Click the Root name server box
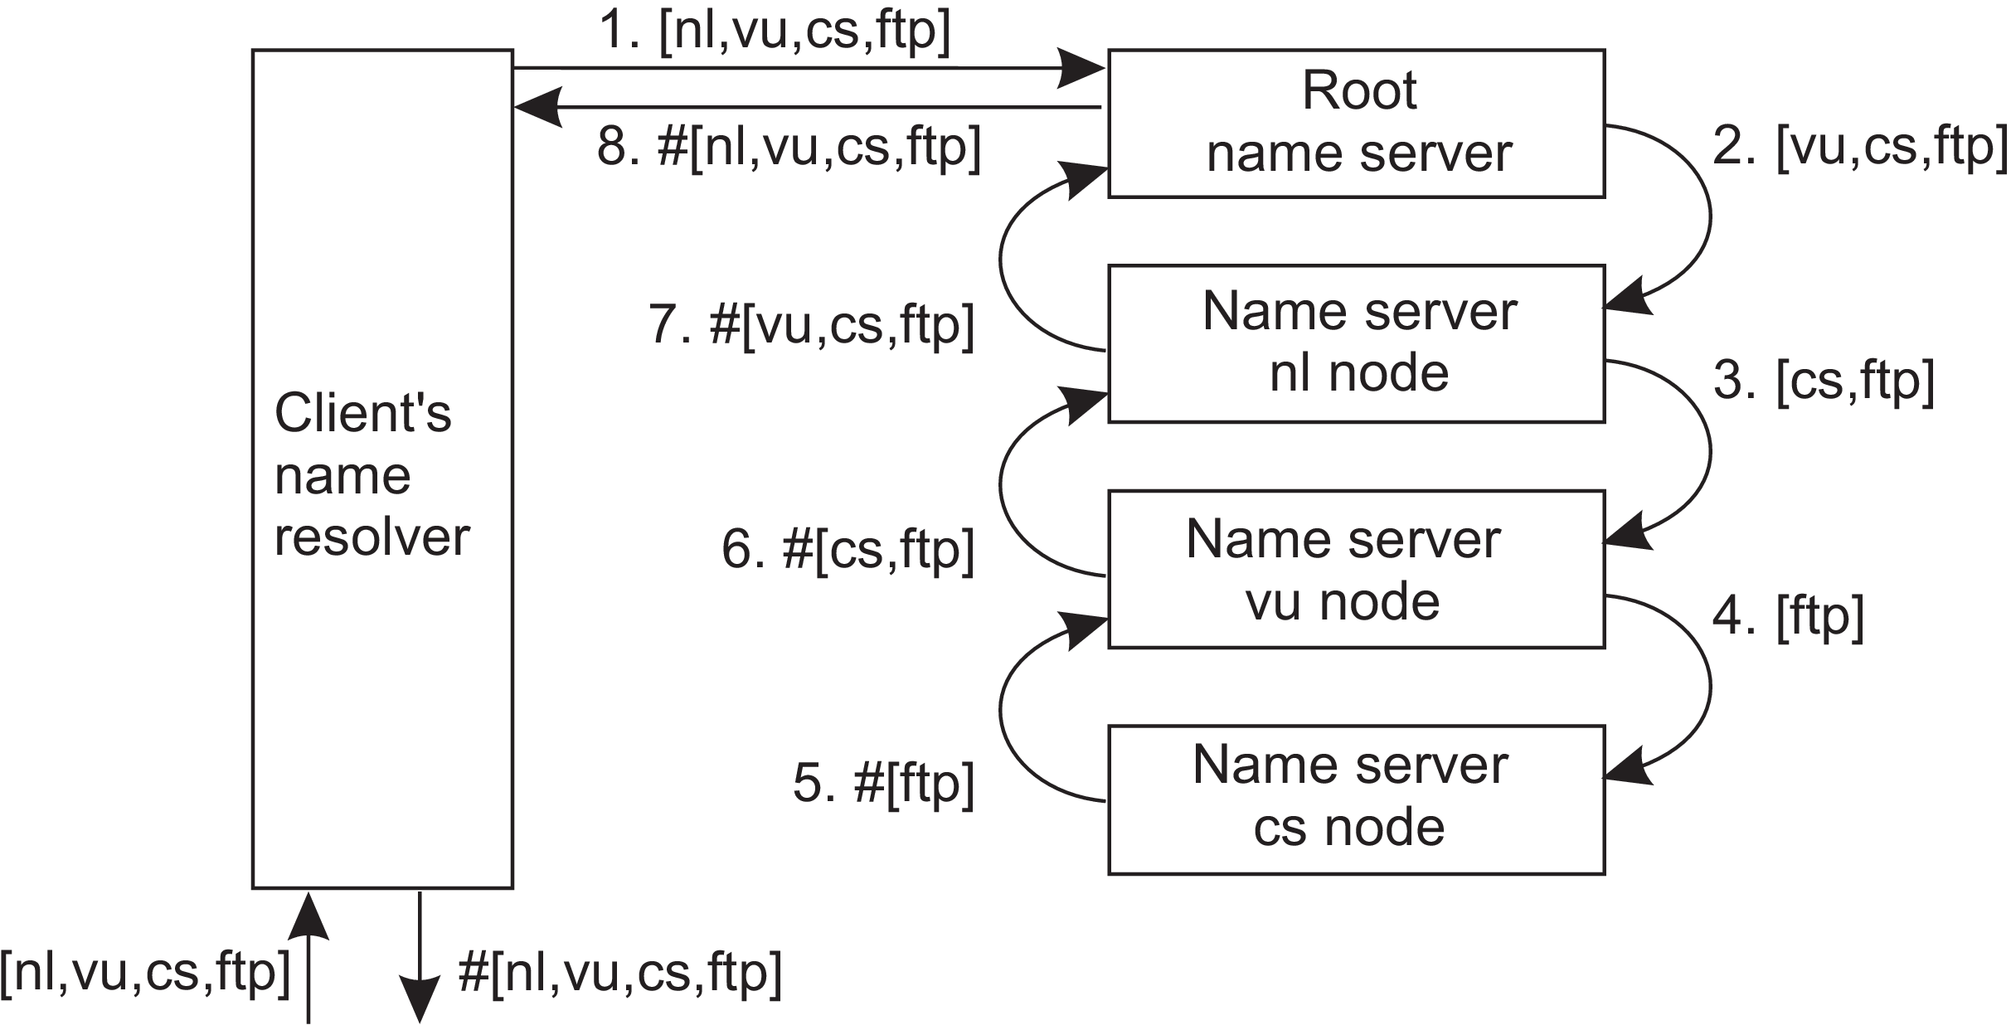click(x=1357, y=124)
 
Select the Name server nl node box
click(x=1357, y=343)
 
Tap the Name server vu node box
click(x=1357, y=569)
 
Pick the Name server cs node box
click(x=1357, y=799)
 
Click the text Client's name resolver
click(x=372, y=474)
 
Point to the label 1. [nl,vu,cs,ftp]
click(x=775, y=32)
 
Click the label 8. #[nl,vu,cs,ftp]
click(x=789, y=148)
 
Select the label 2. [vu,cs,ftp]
click(x=1860, y=146)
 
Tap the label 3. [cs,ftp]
click(x=1824, y=381)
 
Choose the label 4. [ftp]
click(x=1788, y=617)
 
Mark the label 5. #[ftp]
click(x=883, y=783)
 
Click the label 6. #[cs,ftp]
click(x=848, y=549)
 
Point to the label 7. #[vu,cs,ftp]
click(x=811, y=324)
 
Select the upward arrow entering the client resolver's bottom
click(x=308, y=957)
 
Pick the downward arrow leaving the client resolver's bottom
click(x=420, y=957)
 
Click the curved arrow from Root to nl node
click(x=1710, y=217)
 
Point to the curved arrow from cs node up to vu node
click(x=1001, y=711)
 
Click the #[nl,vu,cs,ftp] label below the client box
click(x=620, y=972)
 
